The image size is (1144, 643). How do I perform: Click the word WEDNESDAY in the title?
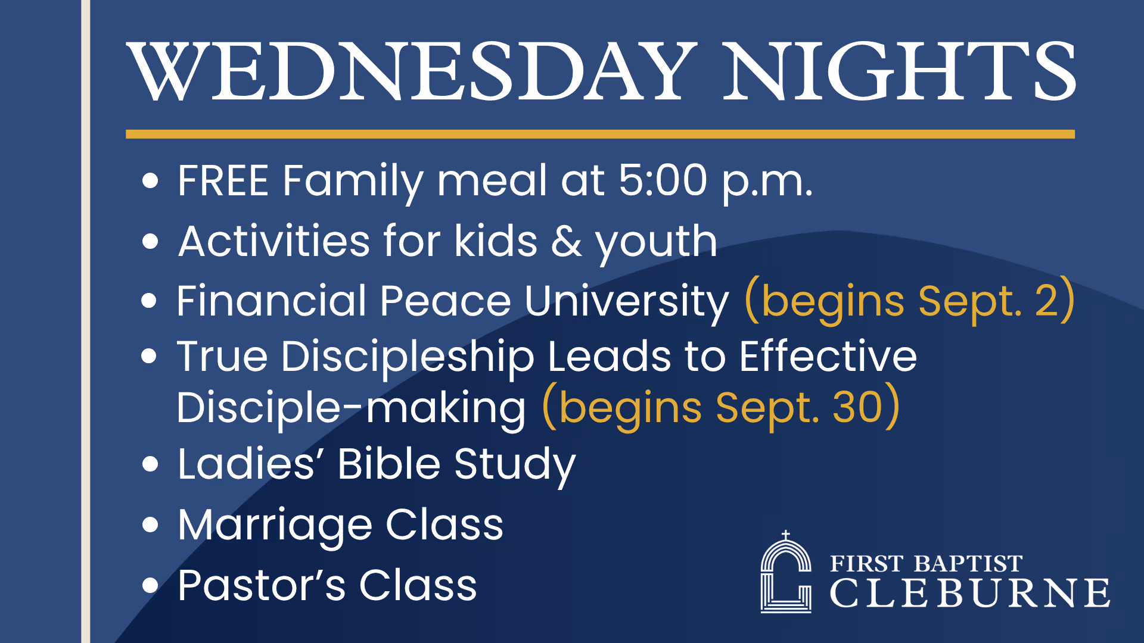click(x=412, y=72)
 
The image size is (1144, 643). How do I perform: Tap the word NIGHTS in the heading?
click(x=899, y=72)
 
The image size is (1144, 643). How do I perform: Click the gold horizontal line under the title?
click(x=600, y=134)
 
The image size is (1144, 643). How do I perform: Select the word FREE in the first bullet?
click(x=223, y=180)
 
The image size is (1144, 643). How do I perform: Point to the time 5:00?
click(x=663, y=180)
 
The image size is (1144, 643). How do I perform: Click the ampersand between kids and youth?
click(x=567, y=241)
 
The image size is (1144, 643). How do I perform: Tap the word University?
click(x=626, y=301)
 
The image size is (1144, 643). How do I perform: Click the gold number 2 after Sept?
click(x=1046, y=301)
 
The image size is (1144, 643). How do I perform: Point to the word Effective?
click(x=828, y=356)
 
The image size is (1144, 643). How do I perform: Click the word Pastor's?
click(x=262, y=585)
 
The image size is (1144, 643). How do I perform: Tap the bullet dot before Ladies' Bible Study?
click(x=150, y=464)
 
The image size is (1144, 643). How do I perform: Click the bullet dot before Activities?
click(x=150, y=241)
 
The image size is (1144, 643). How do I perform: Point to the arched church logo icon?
click(x=786, y=572)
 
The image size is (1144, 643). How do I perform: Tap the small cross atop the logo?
click(x=786, y=535)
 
